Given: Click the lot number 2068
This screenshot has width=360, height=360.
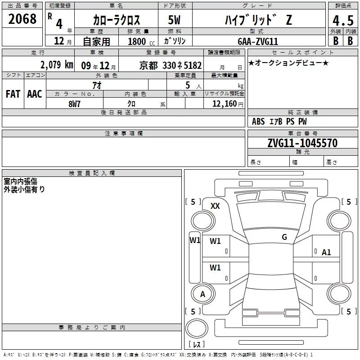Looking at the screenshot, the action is (22, 19).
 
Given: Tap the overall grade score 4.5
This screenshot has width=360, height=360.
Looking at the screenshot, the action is (343, 21).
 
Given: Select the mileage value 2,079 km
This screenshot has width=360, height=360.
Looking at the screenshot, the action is (57, 65).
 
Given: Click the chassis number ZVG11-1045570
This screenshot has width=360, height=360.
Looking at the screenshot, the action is (302, 143).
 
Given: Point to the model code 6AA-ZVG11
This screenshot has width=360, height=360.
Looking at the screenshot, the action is (258, 41).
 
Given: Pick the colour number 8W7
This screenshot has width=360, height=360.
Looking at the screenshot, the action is (74, 104).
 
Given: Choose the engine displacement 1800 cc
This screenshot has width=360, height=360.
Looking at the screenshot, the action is (141, 41).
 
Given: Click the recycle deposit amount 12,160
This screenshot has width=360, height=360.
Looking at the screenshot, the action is (224, 104).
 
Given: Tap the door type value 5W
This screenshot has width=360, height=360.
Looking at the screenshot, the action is (174, 20).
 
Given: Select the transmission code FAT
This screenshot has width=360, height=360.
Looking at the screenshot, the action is (13, 94).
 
